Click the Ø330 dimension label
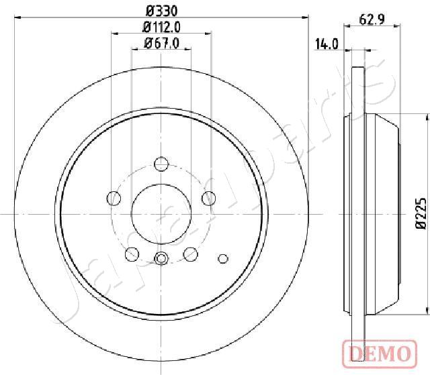point(161,11)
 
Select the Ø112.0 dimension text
point(161,27)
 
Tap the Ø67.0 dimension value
point(162,43)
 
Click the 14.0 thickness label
point(327,44)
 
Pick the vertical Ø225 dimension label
point(421,213)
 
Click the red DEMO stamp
point(380,354)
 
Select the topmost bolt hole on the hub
point(161,164)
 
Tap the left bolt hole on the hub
point(114,198)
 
